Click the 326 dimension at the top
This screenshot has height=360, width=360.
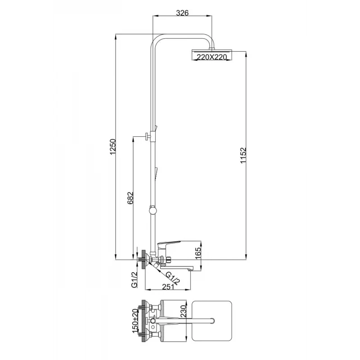coord(182,13)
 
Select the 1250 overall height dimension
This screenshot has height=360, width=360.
coord(113,147)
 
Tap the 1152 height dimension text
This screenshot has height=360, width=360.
coord(243,155)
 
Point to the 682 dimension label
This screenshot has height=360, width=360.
coord(130,198)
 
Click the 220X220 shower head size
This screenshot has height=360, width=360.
coord(211,57)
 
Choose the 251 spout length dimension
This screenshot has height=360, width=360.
coord(168,287)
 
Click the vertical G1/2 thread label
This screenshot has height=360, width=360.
coord(134,280)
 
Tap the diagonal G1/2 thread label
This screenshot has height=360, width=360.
coord(173,278)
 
